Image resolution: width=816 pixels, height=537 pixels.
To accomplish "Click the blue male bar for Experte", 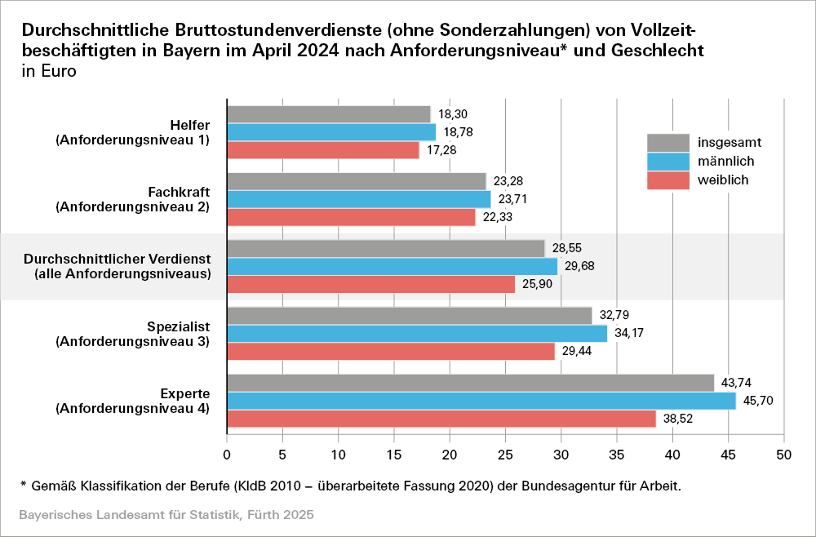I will [x=481, y=401].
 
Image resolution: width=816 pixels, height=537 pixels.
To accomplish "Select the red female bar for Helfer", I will [x=322, y=150].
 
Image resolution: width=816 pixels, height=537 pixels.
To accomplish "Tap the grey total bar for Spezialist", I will [x=409, y=315].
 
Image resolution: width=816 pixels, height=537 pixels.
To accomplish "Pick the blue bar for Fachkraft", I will [x=358, y=199].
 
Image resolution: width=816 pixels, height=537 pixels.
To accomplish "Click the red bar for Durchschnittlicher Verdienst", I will [x=370, y=284].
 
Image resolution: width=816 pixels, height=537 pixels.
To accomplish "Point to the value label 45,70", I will [x=758, y=401].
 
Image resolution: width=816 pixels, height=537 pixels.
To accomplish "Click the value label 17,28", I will [x=441, y=150].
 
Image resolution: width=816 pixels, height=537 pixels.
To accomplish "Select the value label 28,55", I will [x=567, y=248].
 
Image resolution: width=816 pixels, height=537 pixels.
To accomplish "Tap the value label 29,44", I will [x=576, y=351].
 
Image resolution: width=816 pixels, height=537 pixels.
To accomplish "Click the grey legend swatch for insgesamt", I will [x=666, y=142].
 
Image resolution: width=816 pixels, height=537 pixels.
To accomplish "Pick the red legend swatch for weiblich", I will [x=666, y=180].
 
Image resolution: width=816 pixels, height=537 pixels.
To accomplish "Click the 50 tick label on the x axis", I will [x=784, y=453].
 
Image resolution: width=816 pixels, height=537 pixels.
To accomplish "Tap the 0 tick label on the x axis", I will [x=227, y=453].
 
